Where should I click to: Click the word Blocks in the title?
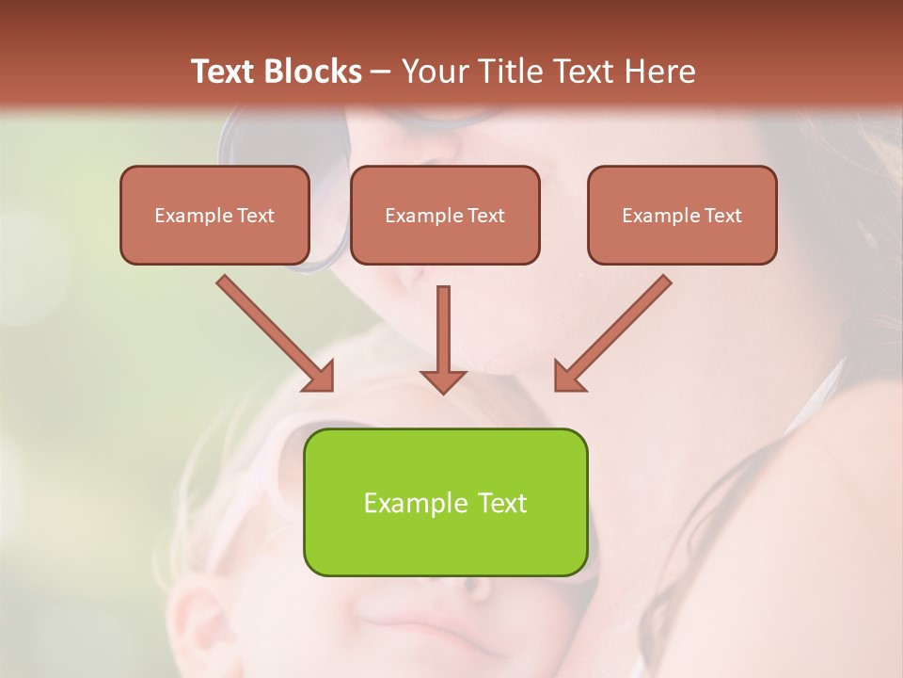(311, 72)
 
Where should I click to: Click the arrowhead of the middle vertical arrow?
(443, 380)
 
